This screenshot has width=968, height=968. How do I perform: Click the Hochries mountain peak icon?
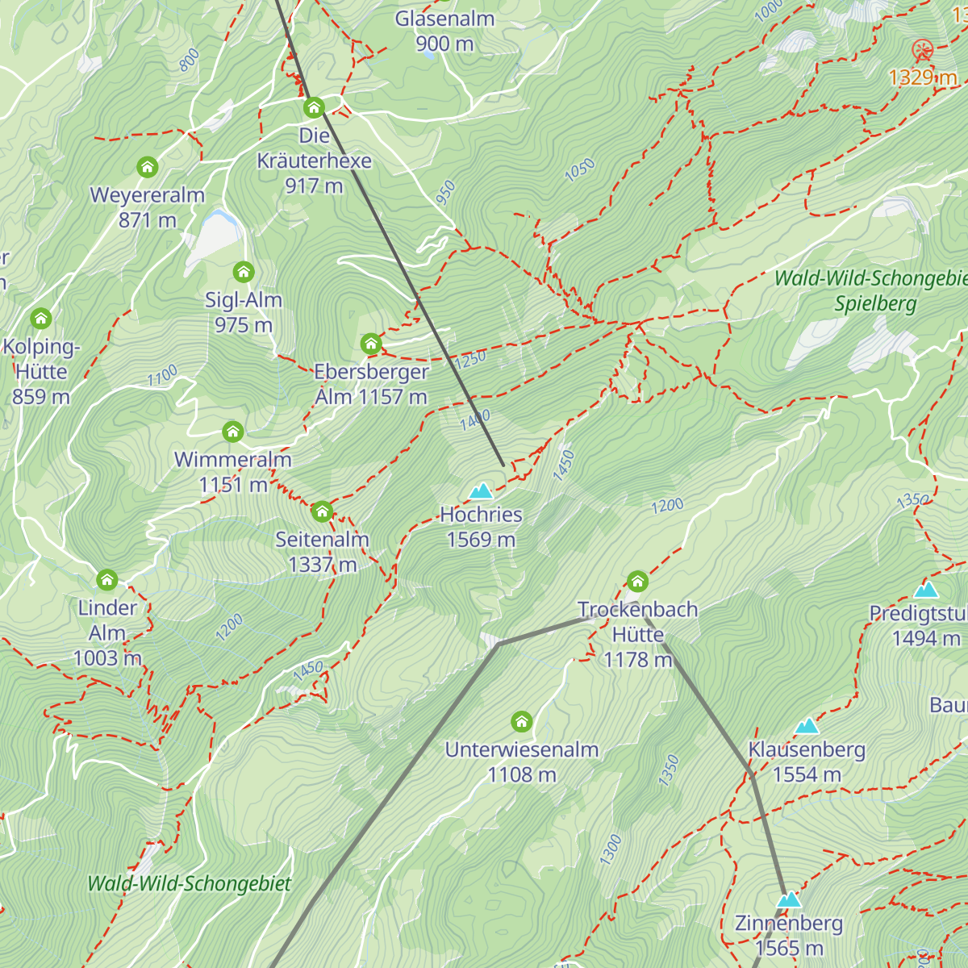click(x=482, y=490)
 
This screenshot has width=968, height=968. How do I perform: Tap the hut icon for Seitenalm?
click(x=322, y=511)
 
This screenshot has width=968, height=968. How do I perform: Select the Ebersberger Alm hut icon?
click(x=371, y=344)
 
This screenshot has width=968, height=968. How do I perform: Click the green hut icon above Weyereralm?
click(x=147, y=167)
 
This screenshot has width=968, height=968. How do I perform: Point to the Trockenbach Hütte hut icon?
click(x=637, y=581)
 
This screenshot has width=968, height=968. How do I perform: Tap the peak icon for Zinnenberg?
click(x=789, y=899)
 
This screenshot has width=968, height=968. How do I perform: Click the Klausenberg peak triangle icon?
click(x=807, y=726)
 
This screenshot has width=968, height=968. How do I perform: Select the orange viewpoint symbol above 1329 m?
click(x=922, y=51)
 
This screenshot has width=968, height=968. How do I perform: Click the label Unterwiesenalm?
click(x=522, y=749)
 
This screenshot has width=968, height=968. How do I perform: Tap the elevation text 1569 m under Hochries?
click(x=481, y=540)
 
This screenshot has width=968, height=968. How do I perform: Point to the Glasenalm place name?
click(x=444, y=19)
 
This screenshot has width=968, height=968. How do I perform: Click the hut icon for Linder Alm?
click(x=107, y=579)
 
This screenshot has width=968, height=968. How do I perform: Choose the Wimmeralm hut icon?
click(x=233, y=432)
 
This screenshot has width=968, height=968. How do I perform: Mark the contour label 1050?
click(x=579, y=170)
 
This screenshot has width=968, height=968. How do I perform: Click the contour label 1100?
click(x=162, y=376)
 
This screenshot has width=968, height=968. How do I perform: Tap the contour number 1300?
click(x=611, y=850)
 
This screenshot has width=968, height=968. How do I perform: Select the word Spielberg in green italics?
click(x=875, y=304)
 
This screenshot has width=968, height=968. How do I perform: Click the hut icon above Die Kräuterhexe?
click(x=314, y=107)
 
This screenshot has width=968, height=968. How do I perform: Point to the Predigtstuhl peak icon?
click(x=926, y=590)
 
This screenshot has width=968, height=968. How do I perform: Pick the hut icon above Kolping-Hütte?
click(x=40, y=318)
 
